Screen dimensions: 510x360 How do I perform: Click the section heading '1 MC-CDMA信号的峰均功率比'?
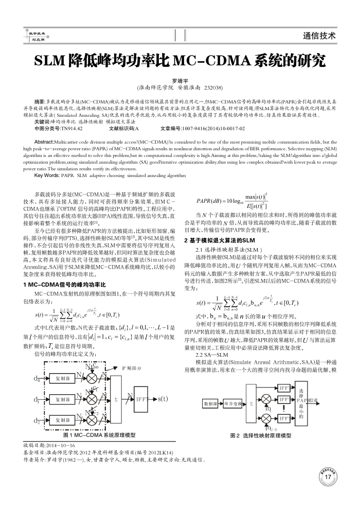pyautogui.click(x=64, y=285)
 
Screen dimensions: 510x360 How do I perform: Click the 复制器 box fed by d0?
pyautogui.click(x=62, y=380)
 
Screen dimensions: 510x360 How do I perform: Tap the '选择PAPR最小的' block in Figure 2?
pyautogui.click(x=301, y=400)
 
